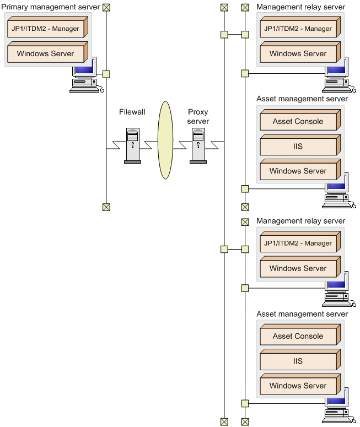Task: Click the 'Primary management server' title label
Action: tap(50, 7)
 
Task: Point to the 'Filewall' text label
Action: tap(132, 112)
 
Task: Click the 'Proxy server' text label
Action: tap(198, 116)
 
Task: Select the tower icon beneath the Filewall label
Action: tap(132, 145)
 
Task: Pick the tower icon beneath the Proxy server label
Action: tap(198, 145)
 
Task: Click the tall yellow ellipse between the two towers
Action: tap(165, 140)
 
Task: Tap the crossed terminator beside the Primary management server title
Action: tap(106, 7)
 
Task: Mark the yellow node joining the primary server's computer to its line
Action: tap(106, 73)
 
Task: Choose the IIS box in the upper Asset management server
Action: tap(298, 147)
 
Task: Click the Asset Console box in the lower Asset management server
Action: tap(298, 336)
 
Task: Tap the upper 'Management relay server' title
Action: tap(300, 7)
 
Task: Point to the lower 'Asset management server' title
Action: tap(302, 314)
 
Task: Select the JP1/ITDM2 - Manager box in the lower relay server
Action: tap(298, 244)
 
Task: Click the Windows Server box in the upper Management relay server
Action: tap(298, 54)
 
